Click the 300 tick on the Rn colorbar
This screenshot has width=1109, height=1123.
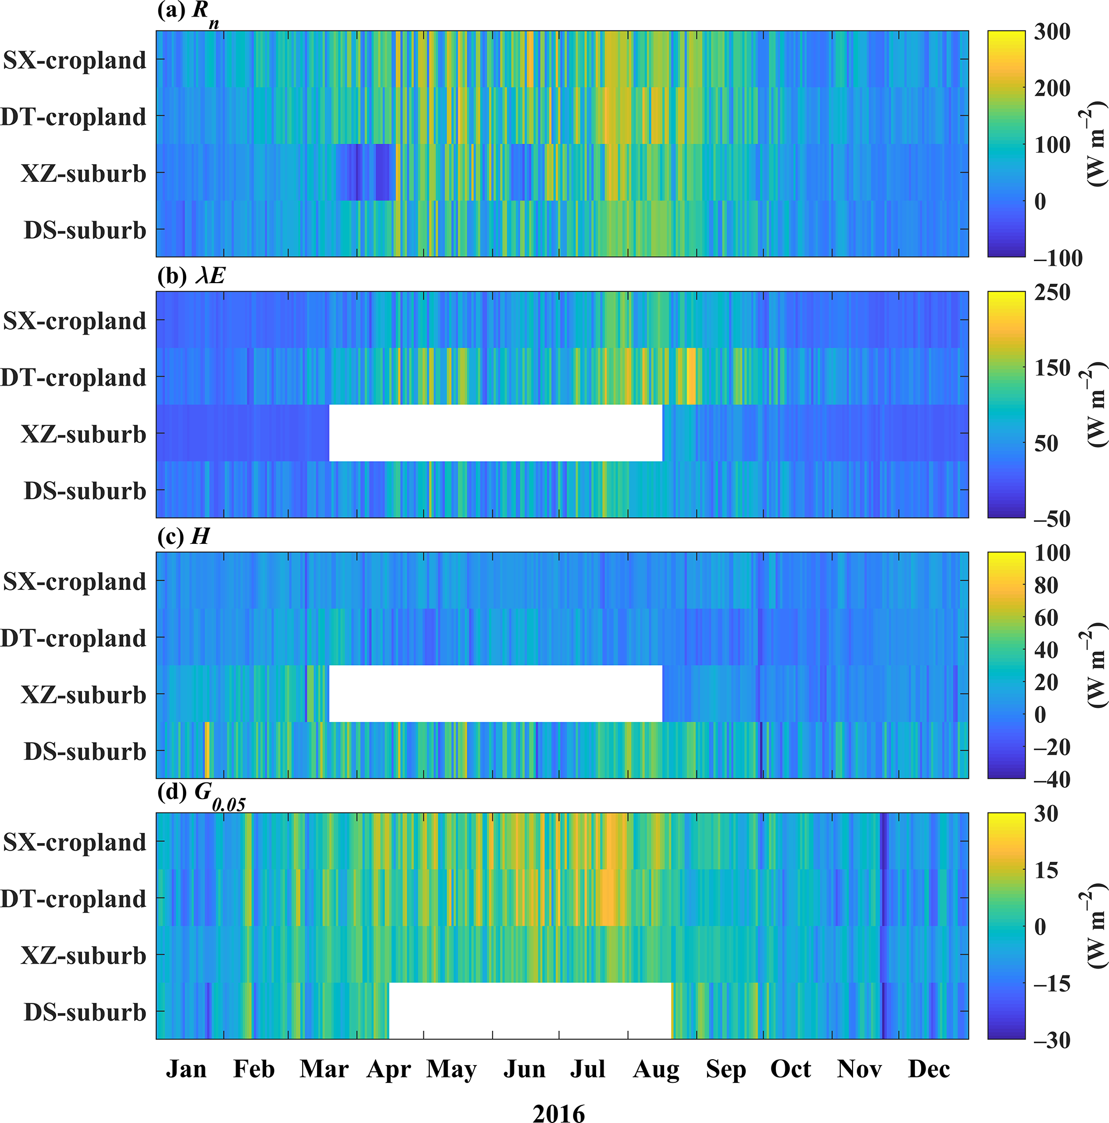pyautogui.click(x=1052, y=32)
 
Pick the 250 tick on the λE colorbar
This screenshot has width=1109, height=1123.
pyautogui.click(x=1052, y=292)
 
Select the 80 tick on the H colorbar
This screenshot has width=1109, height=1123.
pyautogui.click(x=1046, y=585)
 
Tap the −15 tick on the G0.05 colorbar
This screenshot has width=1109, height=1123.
pyautogui.click(x=1052, y=984)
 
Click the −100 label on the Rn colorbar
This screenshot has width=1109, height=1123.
pyautogui.click(x=1058, y=258)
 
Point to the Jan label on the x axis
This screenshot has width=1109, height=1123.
pyautogui.click(x=186, y=1069)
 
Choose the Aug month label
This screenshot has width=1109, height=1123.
pyautogui.click(x=656, y=1069)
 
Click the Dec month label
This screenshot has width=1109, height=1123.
pyautogui.click(x=929, y=1069)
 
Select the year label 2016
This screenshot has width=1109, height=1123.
pyautogui.click(x=559, y=1112)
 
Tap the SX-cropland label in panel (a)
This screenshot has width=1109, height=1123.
pyautogui.click(x=75, y=60)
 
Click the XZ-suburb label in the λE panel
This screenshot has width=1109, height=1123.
pyautogui.click(x=83, y=434)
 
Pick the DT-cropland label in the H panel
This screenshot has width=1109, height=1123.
pyautogui.click(x=74, y=638)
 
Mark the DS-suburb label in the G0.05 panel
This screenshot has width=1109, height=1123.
pyautogui.click(x=85, y=1012)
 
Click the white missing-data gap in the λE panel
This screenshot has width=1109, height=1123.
pyautogui.click(x=495, y=433)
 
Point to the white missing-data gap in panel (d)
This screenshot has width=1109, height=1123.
pyautogui.click(x=530, y=1011)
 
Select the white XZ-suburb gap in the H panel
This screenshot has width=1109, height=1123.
pyautogui.click(x=495, y=693)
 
